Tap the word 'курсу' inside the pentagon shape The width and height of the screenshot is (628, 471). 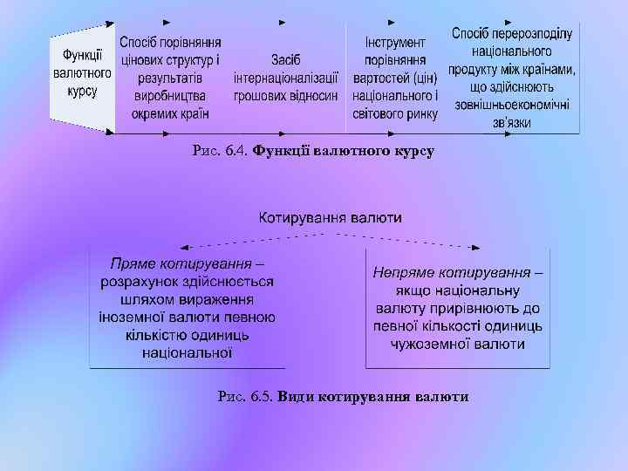coord(81,90)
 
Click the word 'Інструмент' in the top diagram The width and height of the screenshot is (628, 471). coord(395,43)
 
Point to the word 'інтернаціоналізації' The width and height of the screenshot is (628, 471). coord(285,78)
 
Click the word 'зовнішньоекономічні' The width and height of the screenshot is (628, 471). coord(511,105)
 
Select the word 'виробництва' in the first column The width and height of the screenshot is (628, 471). coord(170,95)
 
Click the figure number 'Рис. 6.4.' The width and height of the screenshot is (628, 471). coord(221,151)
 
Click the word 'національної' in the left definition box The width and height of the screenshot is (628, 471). coord(188,352)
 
